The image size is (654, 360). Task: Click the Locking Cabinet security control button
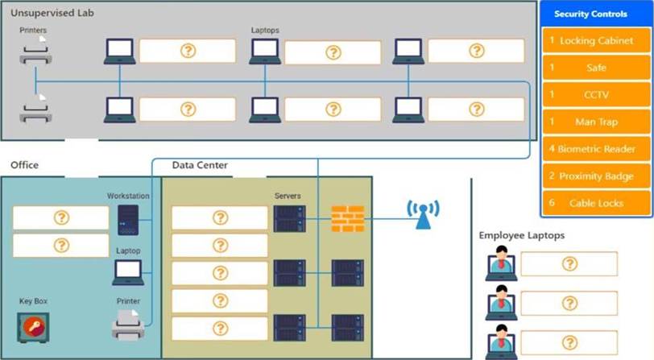596,40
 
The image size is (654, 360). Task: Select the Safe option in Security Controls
596,68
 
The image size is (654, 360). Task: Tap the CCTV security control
596,95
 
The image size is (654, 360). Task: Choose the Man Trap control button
596,122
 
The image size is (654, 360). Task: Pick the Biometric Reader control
596,149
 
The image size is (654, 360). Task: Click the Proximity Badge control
596,176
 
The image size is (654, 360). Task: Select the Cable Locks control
596,204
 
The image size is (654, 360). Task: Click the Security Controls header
596,14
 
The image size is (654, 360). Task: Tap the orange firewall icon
348,217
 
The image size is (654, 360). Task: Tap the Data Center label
200,165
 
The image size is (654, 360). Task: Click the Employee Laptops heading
521,235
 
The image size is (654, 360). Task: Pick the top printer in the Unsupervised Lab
36,52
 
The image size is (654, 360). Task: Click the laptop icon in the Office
128,272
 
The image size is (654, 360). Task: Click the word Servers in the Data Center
288,196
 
